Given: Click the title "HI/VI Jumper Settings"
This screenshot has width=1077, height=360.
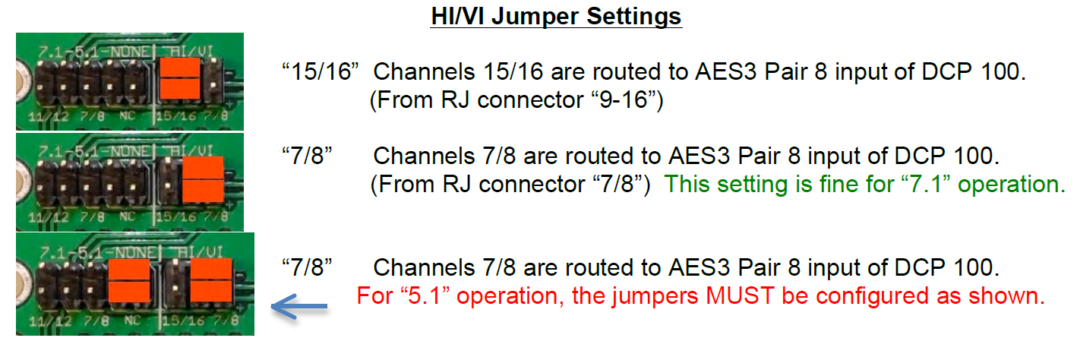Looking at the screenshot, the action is coord(556,17).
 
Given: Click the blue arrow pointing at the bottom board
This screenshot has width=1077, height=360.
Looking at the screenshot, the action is coord(299,306).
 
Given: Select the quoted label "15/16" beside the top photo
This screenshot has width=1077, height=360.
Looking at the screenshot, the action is coord(321,71).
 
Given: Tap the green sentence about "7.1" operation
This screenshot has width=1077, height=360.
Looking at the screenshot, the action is coord(864,184).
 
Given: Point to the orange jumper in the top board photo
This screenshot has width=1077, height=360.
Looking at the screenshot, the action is coord(180,78).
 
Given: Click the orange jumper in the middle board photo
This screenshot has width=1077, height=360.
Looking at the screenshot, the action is coord(204,178).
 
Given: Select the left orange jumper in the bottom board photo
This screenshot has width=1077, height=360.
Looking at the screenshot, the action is coord(129,281).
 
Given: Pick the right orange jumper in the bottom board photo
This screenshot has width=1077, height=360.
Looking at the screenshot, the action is coord(212,279).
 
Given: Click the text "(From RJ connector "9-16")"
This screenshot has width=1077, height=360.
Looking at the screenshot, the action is coord(516,100).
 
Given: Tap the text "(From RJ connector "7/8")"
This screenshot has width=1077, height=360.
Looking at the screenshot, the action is coord(510,184).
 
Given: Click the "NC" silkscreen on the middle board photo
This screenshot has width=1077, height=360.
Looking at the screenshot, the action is coord(128,216).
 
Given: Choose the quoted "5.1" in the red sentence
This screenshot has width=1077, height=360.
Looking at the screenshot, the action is coord(425,295).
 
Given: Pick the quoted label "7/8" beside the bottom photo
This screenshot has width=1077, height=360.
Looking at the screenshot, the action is coord(307,267).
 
